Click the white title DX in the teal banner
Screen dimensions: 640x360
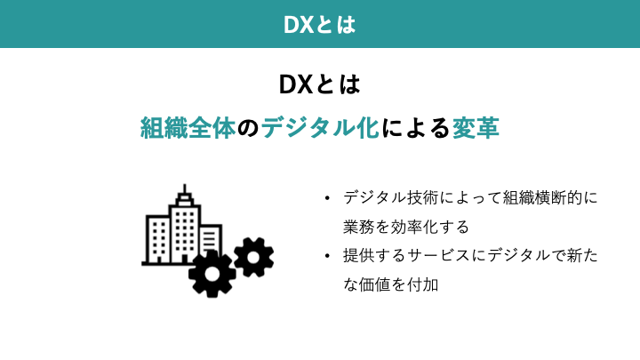(x=299, y=25)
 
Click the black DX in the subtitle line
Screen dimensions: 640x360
(x=295, y=84)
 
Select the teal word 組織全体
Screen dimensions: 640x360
(x=188, y=128)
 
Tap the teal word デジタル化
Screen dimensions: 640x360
(x=320, y=128)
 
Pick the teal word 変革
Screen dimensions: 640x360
(x=476, y=128)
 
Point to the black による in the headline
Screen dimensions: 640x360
(x=415, y=128)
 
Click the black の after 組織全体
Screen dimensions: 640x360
(x=248, y=128)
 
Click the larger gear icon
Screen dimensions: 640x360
(x=212, y=274)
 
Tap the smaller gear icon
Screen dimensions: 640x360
(x=254, y=258)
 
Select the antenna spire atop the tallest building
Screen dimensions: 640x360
(x=185, y=189)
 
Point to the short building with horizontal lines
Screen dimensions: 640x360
(x=210, y=240)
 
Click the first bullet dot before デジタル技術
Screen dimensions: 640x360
(x=327, y=199)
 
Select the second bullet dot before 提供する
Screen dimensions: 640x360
(x=327, y=256)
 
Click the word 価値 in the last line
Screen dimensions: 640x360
(x=375, y=284)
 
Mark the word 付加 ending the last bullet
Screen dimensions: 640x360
(x=423, y=284)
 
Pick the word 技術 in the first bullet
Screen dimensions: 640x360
(x=423, y=198)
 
